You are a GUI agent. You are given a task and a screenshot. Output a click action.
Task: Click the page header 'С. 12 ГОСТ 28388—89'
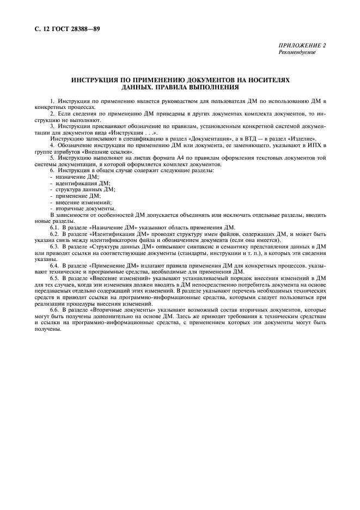(62, 27)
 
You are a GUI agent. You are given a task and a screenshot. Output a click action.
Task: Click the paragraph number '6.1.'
(55, 227)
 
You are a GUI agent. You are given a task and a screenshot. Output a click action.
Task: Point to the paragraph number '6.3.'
(55, 246)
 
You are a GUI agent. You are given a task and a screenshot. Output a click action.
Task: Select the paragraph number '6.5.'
(55, 278)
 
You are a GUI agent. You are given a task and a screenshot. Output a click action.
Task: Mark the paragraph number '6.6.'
(55, 309)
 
